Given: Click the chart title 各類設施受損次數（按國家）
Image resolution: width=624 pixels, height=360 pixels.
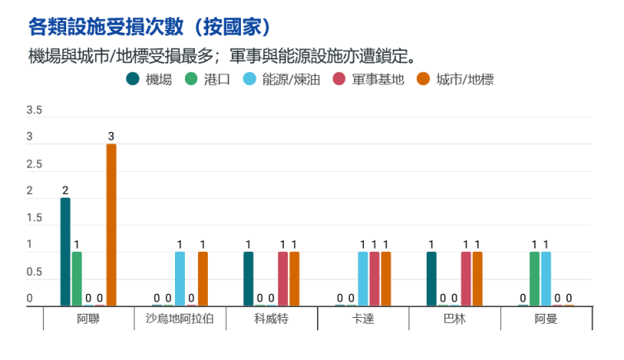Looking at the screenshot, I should coord(149,26).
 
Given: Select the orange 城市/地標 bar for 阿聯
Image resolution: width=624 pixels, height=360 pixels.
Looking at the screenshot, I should coord(111,225).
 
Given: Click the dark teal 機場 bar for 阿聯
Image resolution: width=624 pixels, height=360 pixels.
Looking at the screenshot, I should coord(65,252).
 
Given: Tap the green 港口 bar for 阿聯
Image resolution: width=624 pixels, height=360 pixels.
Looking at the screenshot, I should coord(77,279).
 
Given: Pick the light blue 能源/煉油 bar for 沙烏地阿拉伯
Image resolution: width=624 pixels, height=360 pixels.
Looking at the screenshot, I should coord(180,279).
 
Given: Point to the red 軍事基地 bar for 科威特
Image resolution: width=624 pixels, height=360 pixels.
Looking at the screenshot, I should coord(283,279).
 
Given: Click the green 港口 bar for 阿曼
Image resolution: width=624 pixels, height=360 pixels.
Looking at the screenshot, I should coord(534,279).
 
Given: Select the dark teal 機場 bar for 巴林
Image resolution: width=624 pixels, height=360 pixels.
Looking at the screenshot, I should coord(432,279).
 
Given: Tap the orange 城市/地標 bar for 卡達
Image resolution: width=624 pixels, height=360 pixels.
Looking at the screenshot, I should coord(385,279).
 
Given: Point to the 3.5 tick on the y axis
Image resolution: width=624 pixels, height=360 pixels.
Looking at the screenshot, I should coord(35,111).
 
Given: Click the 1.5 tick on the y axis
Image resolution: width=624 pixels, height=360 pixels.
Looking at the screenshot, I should coord(35,218).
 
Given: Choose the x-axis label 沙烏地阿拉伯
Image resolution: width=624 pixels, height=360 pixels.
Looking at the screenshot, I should coord(180,319).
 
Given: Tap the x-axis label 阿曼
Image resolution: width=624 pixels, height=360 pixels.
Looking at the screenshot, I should coord(546,319).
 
